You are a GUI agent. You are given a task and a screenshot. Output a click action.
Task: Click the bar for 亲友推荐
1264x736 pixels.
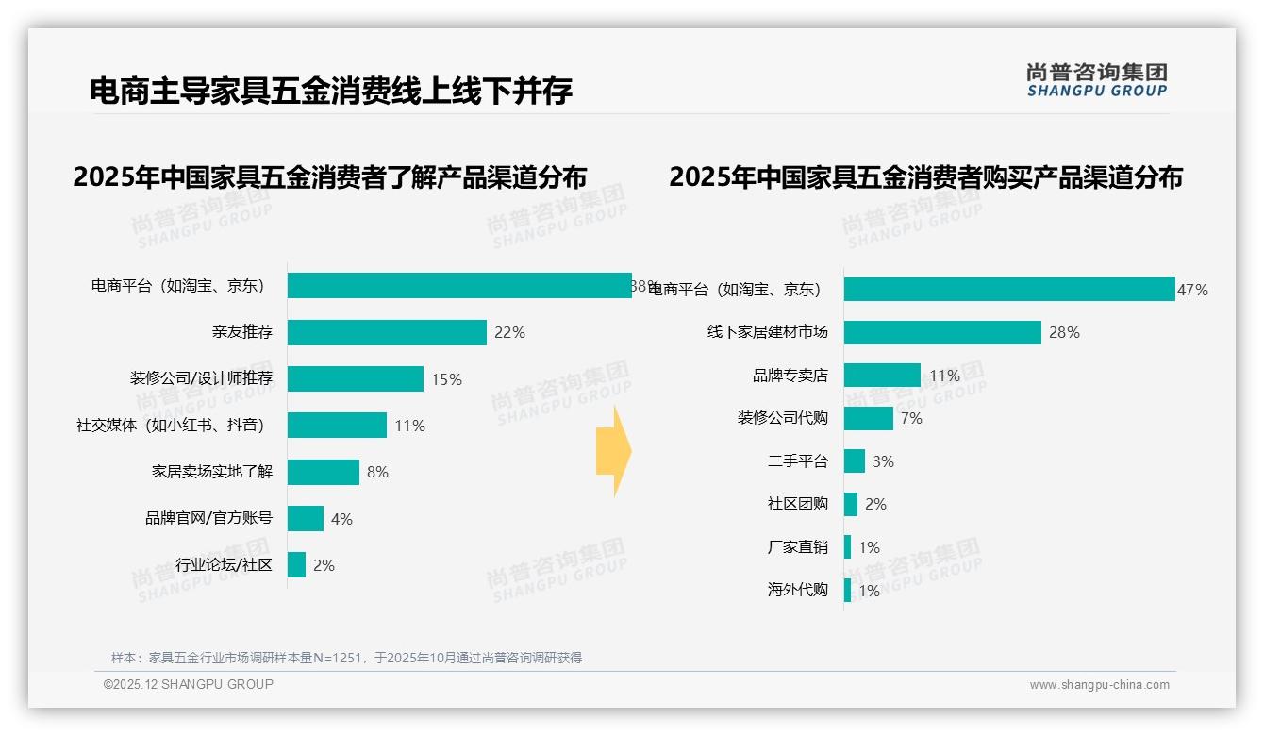(387, 332)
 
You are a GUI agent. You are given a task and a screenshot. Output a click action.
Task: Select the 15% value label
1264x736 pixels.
(446, 379)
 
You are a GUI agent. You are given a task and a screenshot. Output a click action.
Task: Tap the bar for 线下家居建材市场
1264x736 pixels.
(942, 332)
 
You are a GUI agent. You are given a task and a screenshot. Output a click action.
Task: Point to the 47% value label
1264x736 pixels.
(1192, 290)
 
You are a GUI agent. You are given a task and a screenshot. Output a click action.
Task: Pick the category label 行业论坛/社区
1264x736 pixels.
(224, 565)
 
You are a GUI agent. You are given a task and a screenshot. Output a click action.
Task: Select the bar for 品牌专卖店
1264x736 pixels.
(882, 376)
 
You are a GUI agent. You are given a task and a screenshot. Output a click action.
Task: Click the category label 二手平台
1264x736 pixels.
(797, 461)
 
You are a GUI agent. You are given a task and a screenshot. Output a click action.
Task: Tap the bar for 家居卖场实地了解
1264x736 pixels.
(324, 472)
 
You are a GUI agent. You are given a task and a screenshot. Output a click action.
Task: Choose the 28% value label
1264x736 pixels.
(1064, 332)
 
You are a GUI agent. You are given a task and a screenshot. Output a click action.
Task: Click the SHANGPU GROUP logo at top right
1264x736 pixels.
(1096, 80)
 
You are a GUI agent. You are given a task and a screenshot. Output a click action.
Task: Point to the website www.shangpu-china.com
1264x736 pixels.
(1099, 685)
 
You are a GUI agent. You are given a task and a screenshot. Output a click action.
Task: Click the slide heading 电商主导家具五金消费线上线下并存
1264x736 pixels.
(331, 92)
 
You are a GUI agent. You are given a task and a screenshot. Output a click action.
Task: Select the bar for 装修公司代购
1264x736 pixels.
(868, 418)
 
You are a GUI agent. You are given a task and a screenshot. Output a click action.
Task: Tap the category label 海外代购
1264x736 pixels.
(797, 591)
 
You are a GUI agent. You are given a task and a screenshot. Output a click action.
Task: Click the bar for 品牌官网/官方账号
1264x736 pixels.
(306, 518)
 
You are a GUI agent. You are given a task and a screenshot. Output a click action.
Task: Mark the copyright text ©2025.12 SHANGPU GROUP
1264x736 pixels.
(189, 684)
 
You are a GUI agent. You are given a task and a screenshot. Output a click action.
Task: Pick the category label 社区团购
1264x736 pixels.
(797, 504)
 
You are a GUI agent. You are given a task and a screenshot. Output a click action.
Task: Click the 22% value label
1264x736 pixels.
(509, 332)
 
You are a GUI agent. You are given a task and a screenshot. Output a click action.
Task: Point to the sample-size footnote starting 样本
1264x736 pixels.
(346, 658)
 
